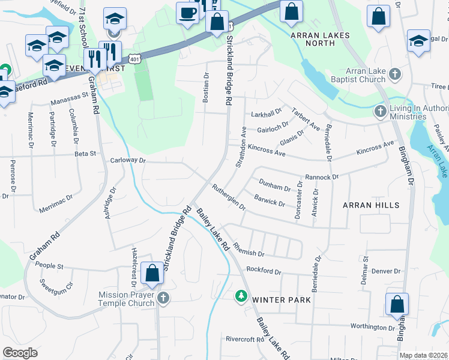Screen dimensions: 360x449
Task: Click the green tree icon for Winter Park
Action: coord(241,295)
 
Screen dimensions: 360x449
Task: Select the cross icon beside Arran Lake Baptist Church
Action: coord(394,74)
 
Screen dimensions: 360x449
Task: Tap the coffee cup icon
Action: coord(187,13)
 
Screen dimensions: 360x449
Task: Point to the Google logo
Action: coord(20,352)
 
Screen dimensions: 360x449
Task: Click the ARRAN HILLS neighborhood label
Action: coord(370,205)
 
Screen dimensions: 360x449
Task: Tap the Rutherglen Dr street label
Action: coord(229,197)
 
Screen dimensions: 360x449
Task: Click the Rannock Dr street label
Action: coord(322,177)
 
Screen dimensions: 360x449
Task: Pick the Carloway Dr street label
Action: coord(128,161)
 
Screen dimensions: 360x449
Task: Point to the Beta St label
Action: coord(85,154)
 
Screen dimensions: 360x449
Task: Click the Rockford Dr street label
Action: coord(264,272)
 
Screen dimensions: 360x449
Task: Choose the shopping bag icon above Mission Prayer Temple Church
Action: coord(152,274)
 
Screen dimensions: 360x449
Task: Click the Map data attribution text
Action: coord(424,355)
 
